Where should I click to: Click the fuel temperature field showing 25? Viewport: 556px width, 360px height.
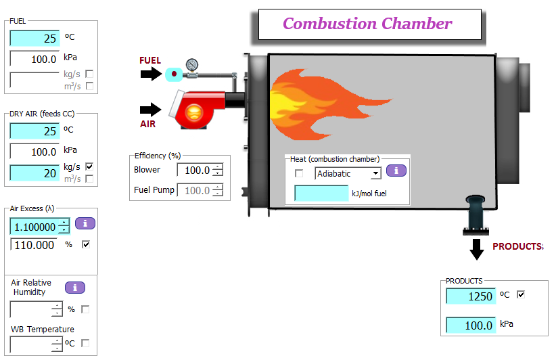[x=34, y=39]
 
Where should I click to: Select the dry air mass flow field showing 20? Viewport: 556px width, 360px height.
[x=34, y=173]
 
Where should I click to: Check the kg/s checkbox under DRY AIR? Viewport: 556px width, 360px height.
[x=89, y=166]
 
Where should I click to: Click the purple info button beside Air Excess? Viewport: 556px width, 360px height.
[x=85, y=223]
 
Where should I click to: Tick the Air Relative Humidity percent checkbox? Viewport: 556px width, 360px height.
[x=85, y=309]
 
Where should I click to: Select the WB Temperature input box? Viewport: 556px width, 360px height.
[x=32, y=344]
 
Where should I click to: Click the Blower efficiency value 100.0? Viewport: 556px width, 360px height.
[x=195, y=171]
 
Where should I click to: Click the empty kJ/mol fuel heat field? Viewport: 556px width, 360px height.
[x=321, y=194]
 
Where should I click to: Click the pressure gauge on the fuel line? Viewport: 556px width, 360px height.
[x=192, y=65]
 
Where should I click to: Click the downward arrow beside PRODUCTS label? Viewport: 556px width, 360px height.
[x=477, y=248]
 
